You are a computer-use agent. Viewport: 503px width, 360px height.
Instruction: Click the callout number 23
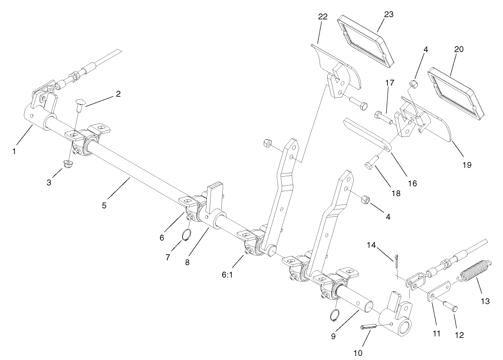click(x=389, y=14)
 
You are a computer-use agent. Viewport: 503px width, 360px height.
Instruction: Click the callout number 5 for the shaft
click(x=105, y=206)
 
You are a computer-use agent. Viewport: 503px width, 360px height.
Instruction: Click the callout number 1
click(x=14, y=151)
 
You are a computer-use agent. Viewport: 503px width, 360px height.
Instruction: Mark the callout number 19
click(x=466, y=165)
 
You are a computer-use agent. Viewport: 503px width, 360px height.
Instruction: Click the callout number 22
click(x=323, y=17)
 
